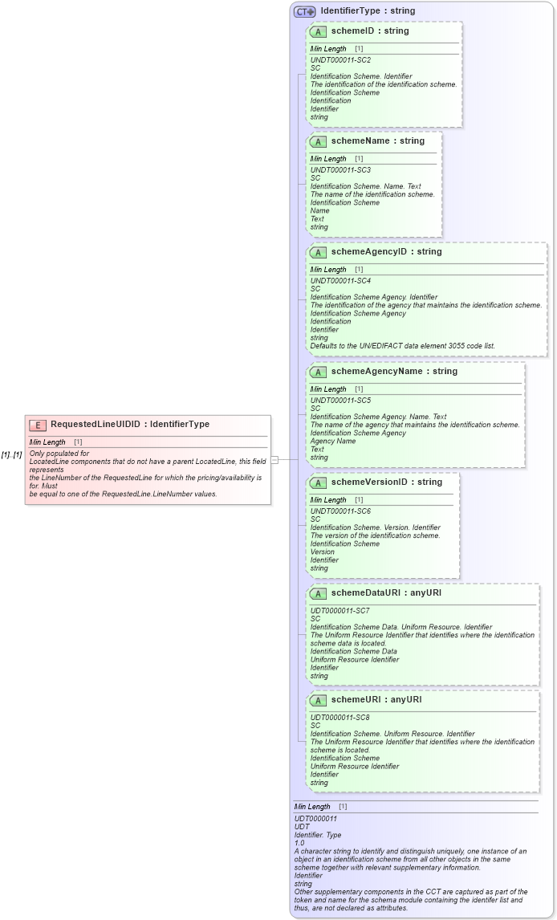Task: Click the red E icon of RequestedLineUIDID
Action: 37,425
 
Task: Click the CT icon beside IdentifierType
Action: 305,11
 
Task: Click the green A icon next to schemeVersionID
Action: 318,482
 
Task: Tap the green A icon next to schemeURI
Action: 318,700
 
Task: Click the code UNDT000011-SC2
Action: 340,59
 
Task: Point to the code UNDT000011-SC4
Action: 340,280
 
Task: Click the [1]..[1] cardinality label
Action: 11,454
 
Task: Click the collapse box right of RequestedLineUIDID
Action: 274,460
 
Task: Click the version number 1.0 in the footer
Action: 300,843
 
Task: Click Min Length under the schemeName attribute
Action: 328,159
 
